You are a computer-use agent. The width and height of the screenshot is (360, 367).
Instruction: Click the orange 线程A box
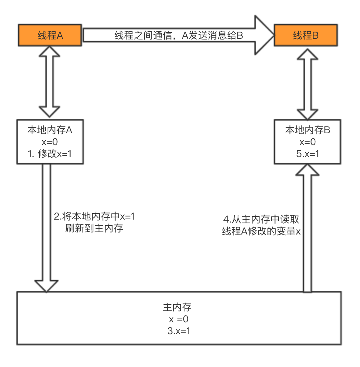[50, 35]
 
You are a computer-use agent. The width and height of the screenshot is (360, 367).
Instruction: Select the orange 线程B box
[306, 35]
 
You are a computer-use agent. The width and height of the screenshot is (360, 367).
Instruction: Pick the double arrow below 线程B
[307, 83]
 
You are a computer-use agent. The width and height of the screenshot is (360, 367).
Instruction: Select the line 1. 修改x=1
[49, 154]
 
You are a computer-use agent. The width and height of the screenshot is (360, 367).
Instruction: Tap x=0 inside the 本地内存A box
[49, 142]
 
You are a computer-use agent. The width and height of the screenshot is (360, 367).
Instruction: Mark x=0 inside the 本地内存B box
[308, 142]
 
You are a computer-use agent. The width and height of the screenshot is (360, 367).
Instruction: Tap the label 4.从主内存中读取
[261, 220]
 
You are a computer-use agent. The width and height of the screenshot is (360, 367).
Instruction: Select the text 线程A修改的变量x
[261, 232]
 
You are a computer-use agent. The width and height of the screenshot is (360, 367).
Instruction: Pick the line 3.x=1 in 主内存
[179, 331]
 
